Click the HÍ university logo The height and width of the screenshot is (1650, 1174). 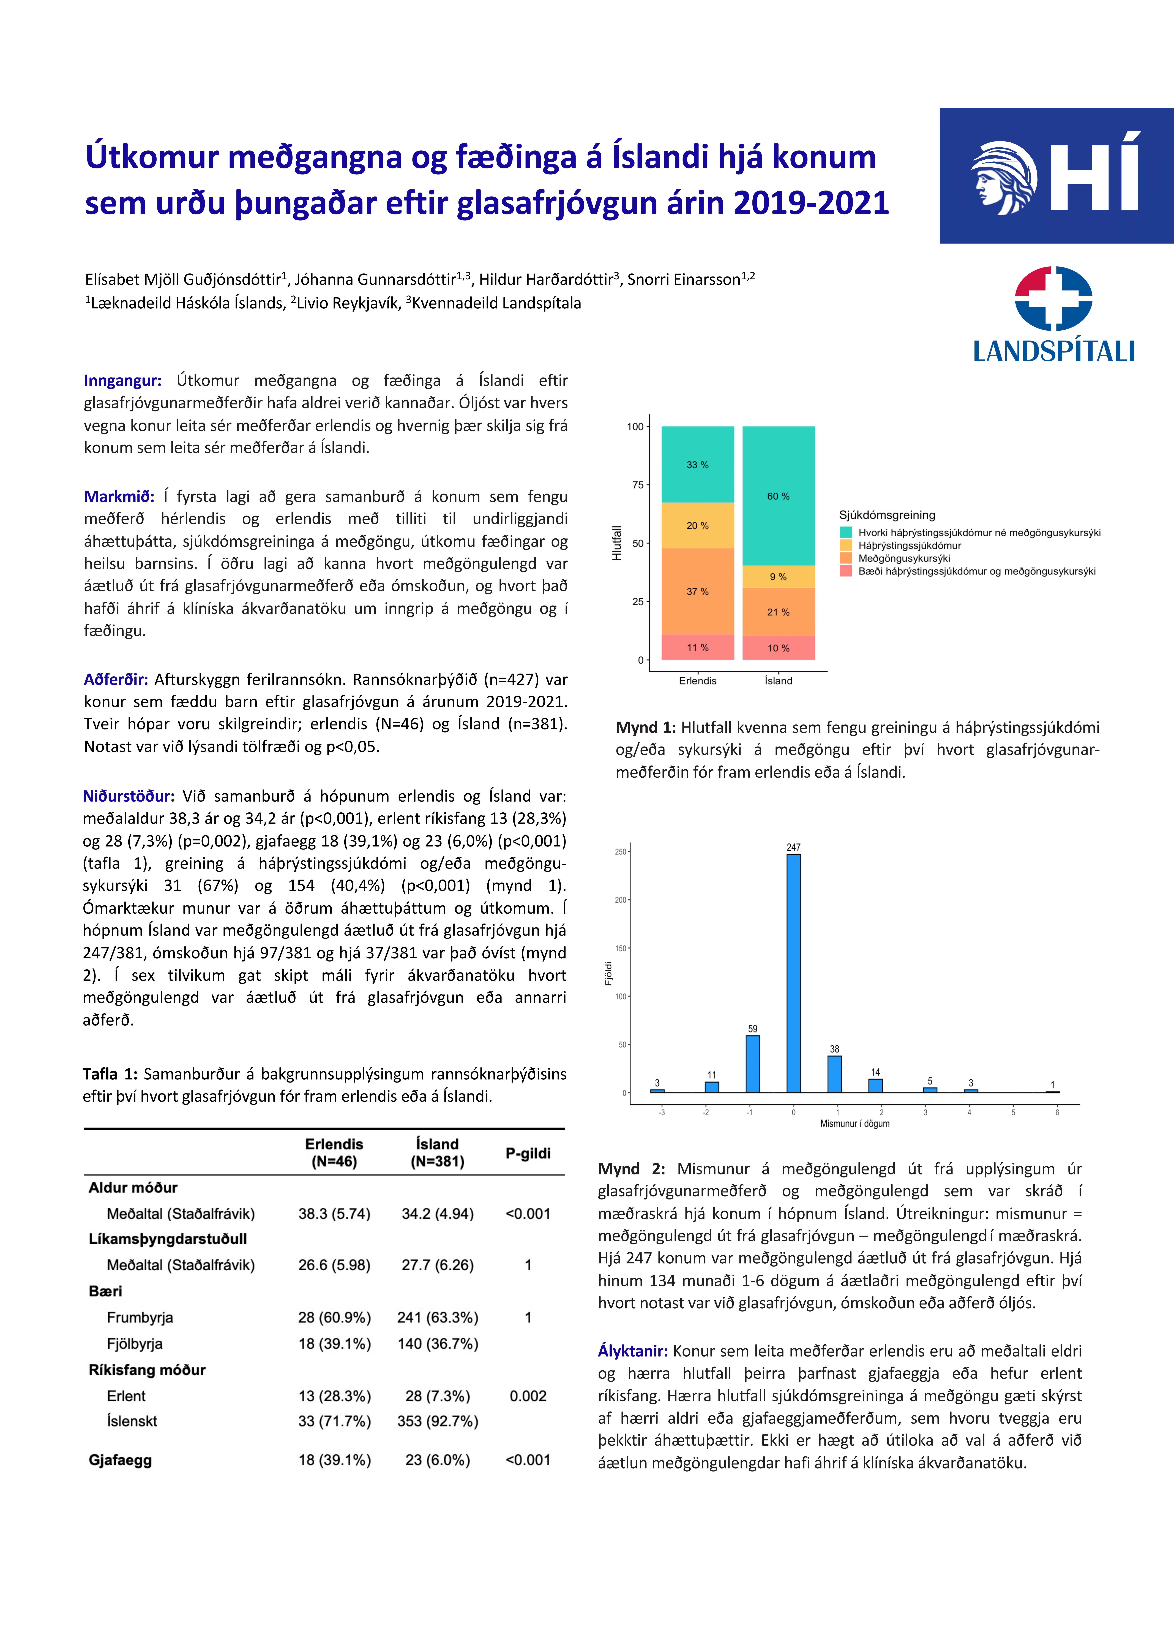[1056, 176]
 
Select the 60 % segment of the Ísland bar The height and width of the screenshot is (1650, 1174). [779, 496]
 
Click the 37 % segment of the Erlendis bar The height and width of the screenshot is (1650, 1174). [698, 591]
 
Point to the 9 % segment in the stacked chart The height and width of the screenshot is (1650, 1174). [779, 576]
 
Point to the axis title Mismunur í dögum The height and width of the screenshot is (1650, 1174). [854, 1124]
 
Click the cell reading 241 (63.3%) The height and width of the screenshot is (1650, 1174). [437, 1317]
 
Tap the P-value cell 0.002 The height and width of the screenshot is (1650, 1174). [528, 1396]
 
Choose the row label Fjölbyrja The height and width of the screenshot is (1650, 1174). [135, 1344]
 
